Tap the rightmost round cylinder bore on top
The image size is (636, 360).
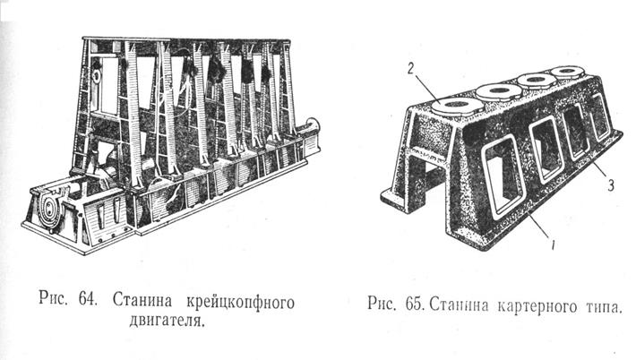pos(568,71)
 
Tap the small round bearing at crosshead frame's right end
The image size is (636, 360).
pos(314,126)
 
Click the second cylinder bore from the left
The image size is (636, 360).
pos(496,91)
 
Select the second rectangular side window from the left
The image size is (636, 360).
pos(546,144)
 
